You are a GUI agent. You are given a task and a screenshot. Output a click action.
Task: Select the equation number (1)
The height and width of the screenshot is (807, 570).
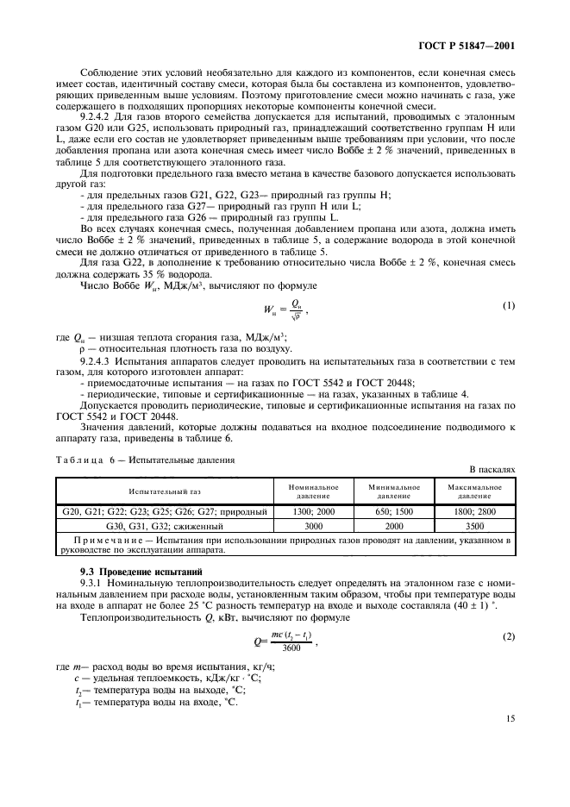(x=508, y=307)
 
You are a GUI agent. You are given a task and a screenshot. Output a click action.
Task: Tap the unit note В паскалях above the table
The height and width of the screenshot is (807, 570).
(x=492, y=470)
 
